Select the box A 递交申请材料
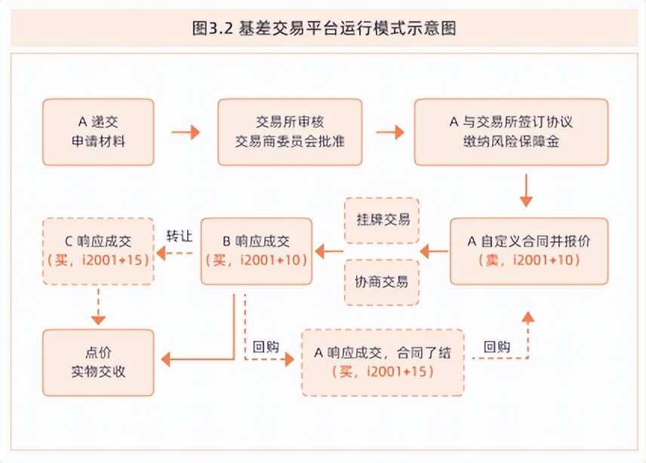coord(98,132)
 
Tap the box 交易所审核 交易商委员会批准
coord(291,132)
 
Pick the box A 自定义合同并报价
coord(528,250)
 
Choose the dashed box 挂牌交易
coord(382,220)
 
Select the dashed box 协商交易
coord(382,282)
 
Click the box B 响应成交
coord(257,250)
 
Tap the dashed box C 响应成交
coord(98,250)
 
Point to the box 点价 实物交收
coord(98,363)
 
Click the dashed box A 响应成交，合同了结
coord(382,363)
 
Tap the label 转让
coord(179,236)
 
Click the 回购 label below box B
coord(266,347)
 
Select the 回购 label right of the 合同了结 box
coord(497,347)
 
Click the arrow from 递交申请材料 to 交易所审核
coord(186,133)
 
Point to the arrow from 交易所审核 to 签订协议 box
coord(390,133)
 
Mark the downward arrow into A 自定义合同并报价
coord(526,191)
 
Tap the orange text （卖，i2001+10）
coord(528,260)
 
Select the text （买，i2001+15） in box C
coord(98,260)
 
